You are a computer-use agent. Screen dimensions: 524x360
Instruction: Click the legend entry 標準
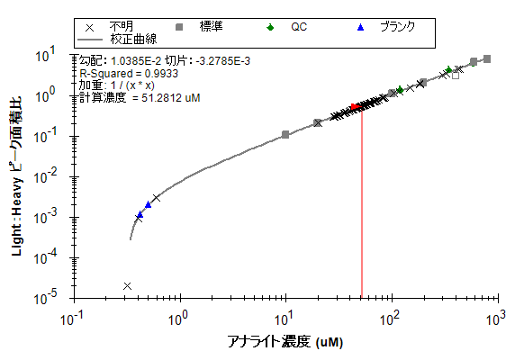(211, 27)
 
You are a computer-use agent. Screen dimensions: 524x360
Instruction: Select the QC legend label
(299, 27)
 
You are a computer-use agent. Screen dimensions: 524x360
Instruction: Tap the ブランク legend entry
(398, 27)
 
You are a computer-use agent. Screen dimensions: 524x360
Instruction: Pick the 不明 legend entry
(122, 27)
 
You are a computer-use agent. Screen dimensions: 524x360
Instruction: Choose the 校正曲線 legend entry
(133, 40)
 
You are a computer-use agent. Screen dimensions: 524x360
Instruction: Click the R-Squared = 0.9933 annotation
(129, 74)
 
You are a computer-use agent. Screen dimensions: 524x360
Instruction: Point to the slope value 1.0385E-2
(136, 61)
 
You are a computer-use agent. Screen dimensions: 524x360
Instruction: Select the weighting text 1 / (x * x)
(132, 85)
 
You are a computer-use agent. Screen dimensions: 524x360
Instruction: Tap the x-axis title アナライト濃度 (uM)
(285, 342)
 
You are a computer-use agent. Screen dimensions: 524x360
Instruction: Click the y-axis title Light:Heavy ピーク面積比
(17, 176)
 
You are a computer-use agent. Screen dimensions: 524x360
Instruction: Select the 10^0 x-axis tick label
(177, 318)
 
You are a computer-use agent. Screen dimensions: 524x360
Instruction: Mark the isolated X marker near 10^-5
(127, 286)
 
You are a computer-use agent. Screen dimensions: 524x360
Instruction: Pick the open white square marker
(456, 76)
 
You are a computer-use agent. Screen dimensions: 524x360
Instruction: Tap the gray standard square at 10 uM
(285, 135)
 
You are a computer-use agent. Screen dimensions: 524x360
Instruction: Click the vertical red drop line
(362, 202)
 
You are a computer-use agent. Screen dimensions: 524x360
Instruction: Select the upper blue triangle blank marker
(149, 204)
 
